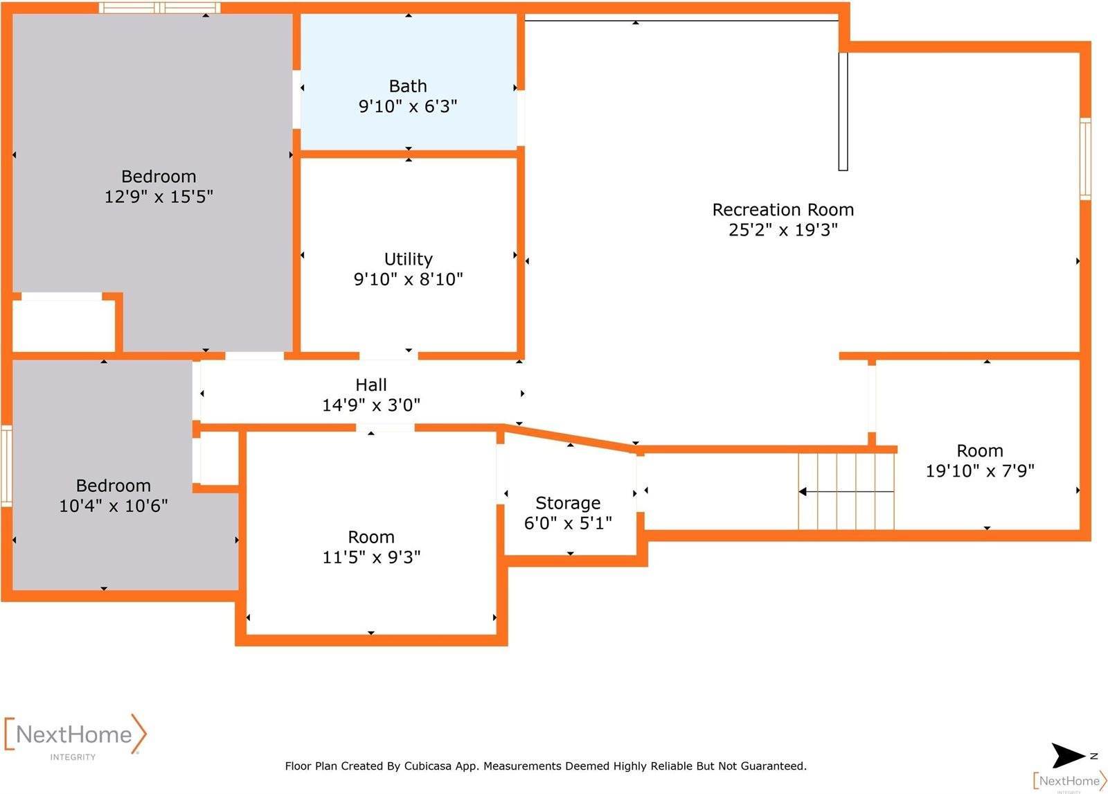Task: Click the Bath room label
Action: point(407,87)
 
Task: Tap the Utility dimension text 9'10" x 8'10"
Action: point(408,279)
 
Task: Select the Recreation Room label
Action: point(783,210)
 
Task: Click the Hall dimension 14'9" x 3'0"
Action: point(371,405)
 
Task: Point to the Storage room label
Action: point(568,503)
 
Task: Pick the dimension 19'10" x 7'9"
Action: point(979,471)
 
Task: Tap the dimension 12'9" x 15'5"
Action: point(159,197)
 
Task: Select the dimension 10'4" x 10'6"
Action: point(113,506)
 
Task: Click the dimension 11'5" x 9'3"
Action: point(371,557)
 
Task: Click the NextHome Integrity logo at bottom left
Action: point(75,736)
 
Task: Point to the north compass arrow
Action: point(1069,755)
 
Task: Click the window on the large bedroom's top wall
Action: point(160,8)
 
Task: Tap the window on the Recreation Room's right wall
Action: point(1085,159)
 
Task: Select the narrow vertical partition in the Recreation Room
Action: point(843,111)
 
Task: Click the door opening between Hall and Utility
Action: point(388,355)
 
